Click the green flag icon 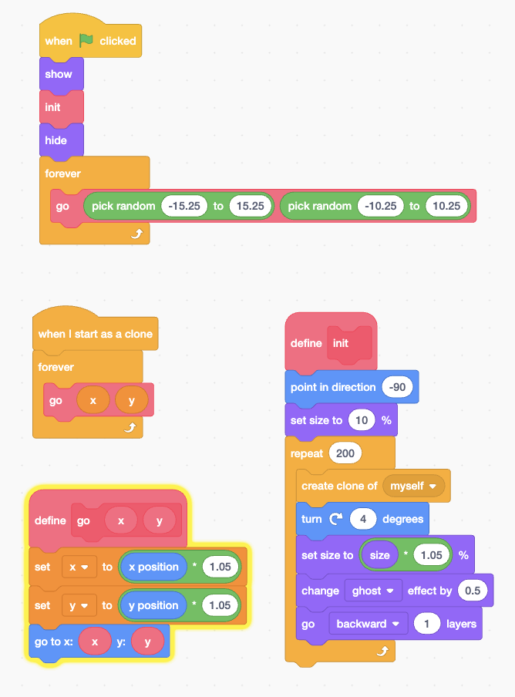[x=86, y=41]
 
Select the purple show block [x=59, y=75]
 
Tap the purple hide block [x=57, y=141]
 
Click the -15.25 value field [x=184, y=206]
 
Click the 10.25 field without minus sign [x=446, y=206]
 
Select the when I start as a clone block [x=95, y=334]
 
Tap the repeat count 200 [x=345, y=453]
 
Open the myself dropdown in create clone [x=412, y=487]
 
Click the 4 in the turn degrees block [x=362, y=520]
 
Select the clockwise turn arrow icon [x=335, y=520]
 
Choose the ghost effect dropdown [x=373, y=591]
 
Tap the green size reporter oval [x=380, y=555]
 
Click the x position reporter [x=153, y=567]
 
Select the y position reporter [x=153, y=605]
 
